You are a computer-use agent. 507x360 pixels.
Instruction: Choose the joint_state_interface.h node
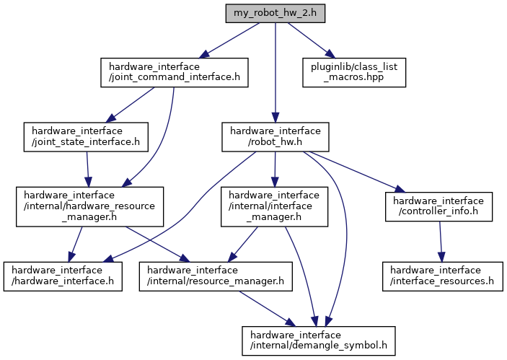coord(86,137)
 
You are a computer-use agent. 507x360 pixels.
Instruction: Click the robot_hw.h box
coord(275,137)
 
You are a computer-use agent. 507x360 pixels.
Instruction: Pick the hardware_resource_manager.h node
coord(89,207)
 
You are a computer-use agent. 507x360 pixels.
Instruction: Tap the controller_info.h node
coord(439,207)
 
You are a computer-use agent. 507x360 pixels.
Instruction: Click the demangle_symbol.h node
coord(319,339)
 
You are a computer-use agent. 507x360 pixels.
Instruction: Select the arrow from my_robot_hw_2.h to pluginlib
coord(309,39)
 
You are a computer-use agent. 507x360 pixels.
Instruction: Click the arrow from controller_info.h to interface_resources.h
coord(441,242)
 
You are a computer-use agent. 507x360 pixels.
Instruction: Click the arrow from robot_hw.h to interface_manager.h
coord(275,170)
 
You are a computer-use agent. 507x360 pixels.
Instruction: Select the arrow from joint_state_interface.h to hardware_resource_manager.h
coord(87,170)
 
